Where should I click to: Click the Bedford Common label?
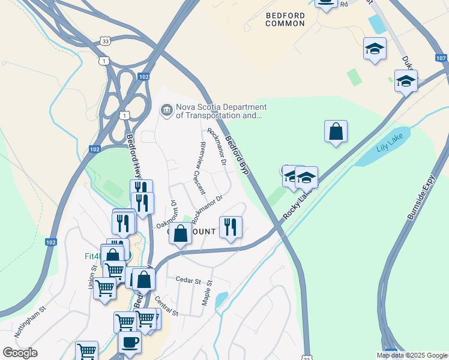pyautogui.click(x=285, y=18)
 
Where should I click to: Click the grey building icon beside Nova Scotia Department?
pyautogui.click(x=166, y=109)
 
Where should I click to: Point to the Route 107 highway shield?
pyautogui.click(x=441, y=58)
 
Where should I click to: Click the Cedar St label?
pyautogui.click(x=187, y=280)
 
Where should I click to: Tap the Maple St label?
pyautogui.click(x=208, y=293)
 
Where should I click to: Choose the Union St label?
pyautogui.click(x=93, y=277)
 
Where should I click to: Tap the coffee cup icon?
pyautogui.click(x=130, y=342)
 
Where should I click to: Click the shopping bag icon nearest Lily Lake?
pyautogui.click(x=336, y=132)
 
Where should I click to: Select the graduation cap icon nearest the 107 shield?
pyautogui.click(x=406, y=81)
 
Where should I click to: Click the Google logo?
pyautogui.click(x=20, y=353)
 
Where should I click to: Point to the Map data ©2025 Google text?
pyautogui.click(x=412, y=355)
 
